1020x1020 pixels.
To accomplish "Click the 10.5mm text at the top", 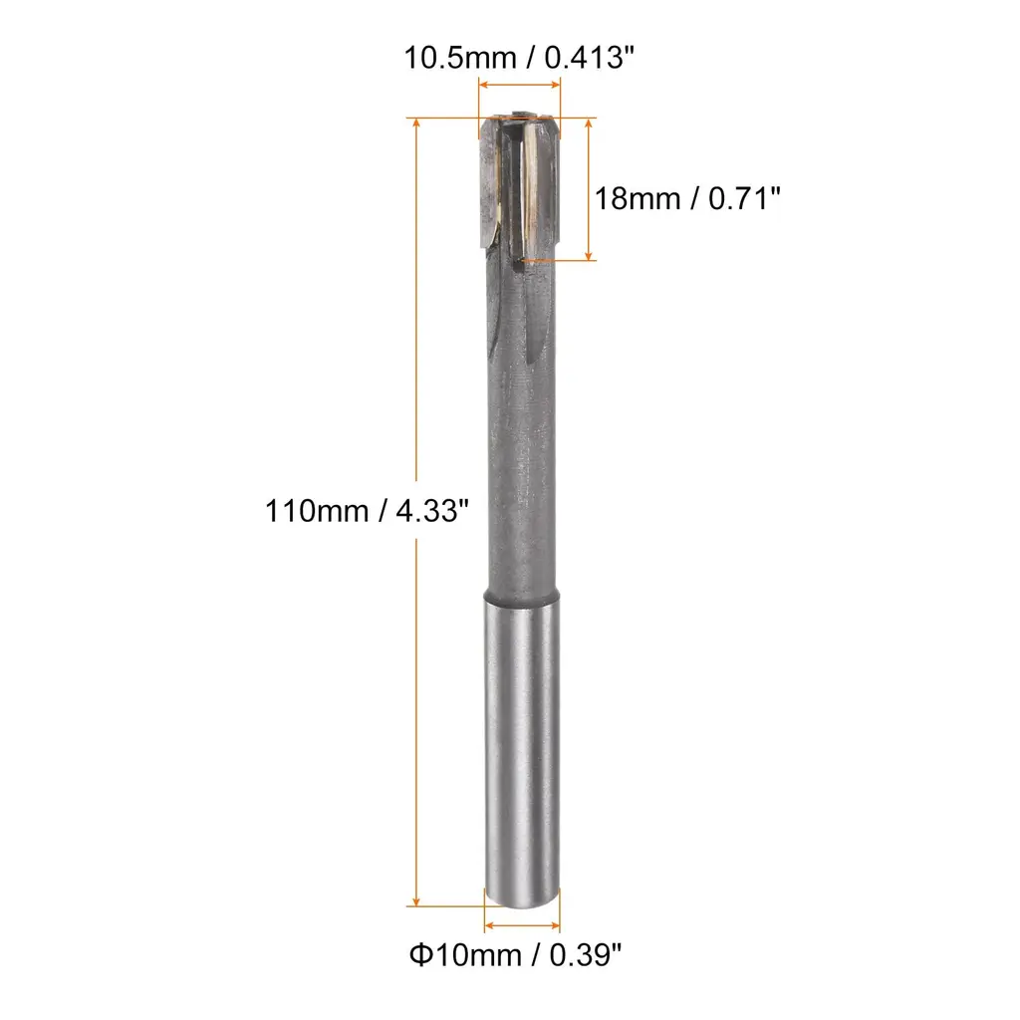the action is point(460,58).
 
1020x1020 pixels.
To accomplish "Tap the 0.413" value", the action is point(589,57).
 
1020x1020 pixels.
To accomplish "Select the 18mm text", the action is point(637,198).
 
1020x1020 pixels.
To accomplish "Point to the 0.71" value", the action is point(744,198).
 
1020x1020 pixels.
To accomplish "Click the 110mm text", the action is point(317,511).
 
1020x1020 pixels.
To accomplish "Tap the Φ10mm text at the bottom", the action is point(465,955).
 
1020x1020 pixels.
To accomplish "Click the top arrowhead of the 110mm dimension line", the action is point(416,123).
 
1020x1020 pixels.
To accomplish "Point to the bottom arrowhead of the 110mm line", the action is point(416,900).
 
